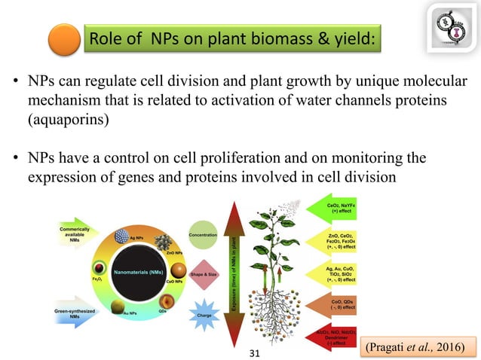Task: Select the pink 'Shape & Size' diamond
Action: tap(204, 275)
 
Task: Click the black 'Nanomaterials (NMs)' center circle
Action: tap(138, 270)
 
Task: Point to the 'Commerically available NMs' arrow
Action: tap(80, 233)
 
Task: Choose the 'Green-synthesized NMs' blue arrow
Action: tap(80, 314)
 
